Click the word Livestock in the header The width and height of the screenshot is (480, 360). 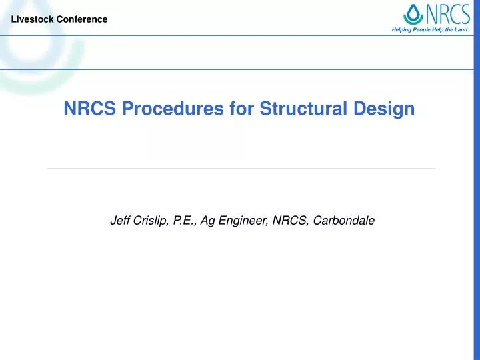(31, 19)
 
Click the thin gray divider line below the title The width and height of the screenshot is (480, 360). (240, 169)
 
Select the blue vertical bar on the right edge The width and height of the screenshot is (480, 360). (476, 200)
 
